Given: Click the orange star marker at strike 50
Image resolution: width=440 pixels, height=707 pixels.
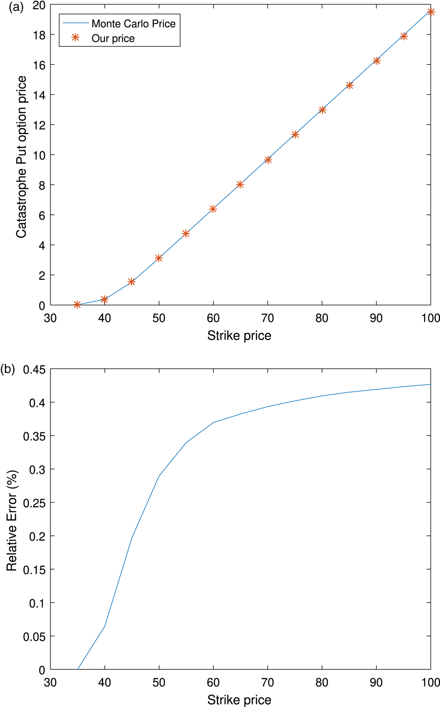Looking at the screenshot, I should [x=159, y=258].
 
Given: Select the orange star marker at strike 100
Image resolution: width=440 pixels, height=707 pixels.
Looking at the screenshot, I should [x=431, y=12].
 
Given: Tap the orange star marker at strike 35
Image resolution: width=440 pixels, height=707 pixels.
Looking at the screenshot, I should [x=77, y=305].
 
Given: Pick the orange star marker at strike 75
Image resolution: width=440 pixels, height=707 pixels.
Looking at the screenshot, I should [x=295, y=135].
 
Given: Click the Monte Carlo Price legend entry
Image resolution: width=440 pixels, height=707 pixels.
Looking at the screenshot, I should [x=133, y=24].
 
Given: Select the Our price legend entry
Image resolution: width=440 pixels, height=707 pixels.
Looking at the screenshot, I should [x=113, y=38].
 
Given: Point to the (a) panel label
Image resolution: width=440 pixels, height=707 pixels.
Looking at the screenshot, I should [x=16, y=7].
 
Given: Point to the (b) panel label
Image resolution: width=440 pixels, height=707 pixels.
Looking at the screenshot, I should [x=8, y=369].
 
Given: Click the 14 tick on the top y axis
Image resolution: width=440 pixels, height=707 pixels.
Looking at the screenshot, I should [x=39, y=95].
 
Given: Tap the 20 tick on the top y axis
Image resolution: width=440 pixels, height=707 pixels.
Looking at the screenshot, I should [x=39, y=5].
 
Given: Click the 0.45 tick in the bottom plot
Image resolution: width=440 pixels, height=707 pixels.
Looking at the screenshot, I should [x=34, y=370].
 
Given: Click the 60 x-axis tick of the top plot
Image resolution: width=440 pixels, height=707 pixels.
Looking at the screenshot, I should [x=213, y=318].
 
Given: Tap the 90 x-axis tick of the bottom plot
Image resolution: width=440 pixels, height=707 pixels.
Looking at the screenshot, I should [x=376, y=682].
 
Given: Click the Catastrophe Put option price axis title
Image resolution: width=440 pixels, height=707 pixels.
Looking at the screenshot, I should [x=21, y=157].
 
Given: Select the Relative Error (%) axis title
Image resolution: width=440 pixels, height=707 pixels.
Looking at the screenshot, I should [x=12, y=520].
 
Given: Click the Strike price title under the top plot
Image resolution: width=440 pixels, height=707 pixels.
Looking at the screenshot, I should [x=239, y=336].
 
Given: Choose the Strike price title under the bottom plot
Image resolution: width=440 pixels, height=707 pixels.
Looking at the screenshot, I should [x=239, y=700].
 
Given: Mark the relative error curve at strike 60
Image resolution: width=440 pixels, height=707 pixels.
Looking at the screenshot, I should [x=213, y=422].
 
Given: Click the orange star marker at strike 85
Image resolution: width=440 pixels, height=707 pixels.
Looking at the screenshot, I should [x=350, y=86].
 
